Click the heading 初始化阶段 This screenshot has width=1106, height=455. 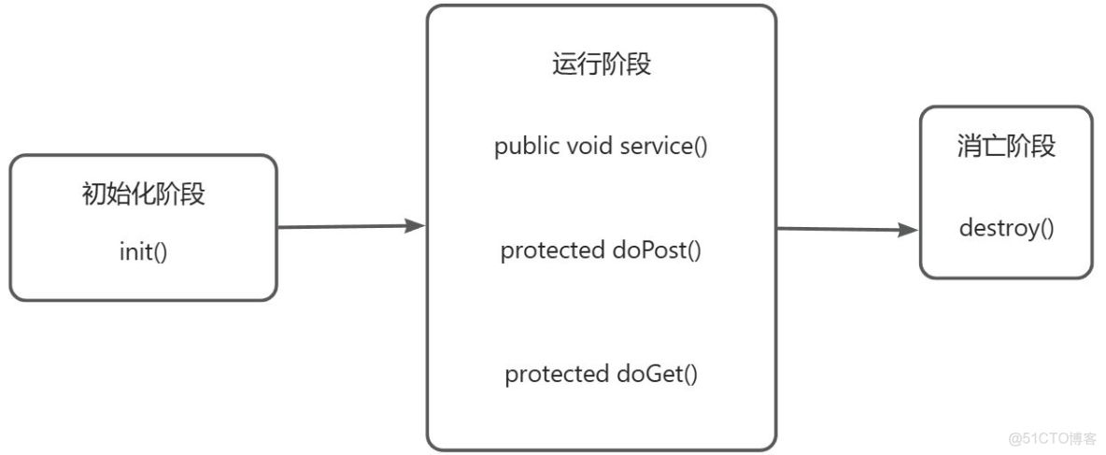point(143,194)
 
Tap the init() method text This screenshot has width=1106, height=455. point(143,252)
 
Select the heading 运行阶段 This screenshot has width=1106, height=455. point(601,65)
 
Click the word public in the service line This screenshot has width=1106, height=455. point(526,148)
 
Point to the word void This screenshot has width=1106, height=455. point(588,148)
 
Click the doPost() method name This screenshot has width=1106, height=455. point(658,251)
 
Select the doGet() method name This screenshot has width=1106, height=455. point(658,375)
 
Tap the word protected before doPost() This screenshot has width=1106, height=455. point(553,251)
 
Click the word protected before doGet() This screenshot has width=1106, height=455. point(556,375)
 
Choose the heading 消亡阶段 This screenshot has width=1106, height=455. point(1006,147)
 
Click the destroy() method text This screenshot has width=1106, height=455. point(1006,228)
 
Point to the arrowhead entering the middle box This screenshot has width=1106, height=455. point(417,225)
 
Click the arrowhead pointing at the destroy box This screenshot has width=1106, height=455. point(908,230)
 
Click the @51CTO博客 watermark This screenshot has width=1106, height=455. point(1052,438)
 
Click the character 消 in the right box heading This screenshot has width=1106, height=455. point(969,147)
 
